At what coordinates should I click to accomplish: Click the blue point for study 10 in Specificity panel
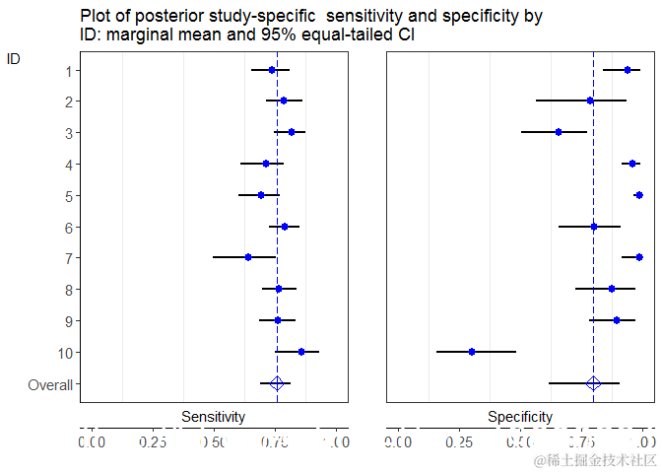(472, 352)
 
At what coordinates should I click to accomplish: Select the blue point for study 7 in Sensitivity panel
(248, 257)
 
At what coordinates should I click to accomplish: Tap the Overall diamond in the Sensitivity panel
(277, 383)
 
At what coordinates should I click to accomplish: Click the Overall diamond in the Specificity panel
(593, 383)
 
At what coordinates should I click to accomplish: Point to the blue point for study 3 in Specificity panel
(559, 132)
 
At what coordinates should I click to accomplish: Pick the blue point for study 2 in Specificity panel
(590, 101)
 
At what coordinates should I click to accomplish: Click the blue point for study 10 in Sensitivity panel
(301, 352)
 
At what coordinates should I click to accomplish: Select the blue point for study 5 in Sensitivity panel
(261, 195)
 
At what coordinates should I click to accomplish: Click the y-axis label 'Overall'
(49, 384)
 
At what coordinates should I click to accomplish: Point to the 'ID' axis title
(14, 58)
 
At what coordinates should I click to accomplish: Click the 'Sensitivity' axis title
(213, 417)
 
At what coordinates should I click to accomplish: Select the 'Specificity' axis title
(520, 417)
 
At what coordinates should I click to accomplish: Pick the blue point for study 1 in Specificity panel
(628, 69)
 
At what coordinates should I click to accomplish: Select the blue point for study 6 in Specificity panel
(594, 227)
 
